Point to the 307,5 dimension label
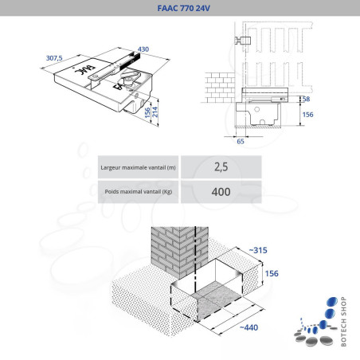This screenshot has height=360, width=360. (55, 58)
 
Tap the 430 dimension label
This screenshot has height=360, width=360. (143, 50)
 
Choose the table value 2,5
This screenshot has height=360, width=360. (221, 167)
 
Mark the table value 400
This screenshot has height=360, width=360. (221, 192)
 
